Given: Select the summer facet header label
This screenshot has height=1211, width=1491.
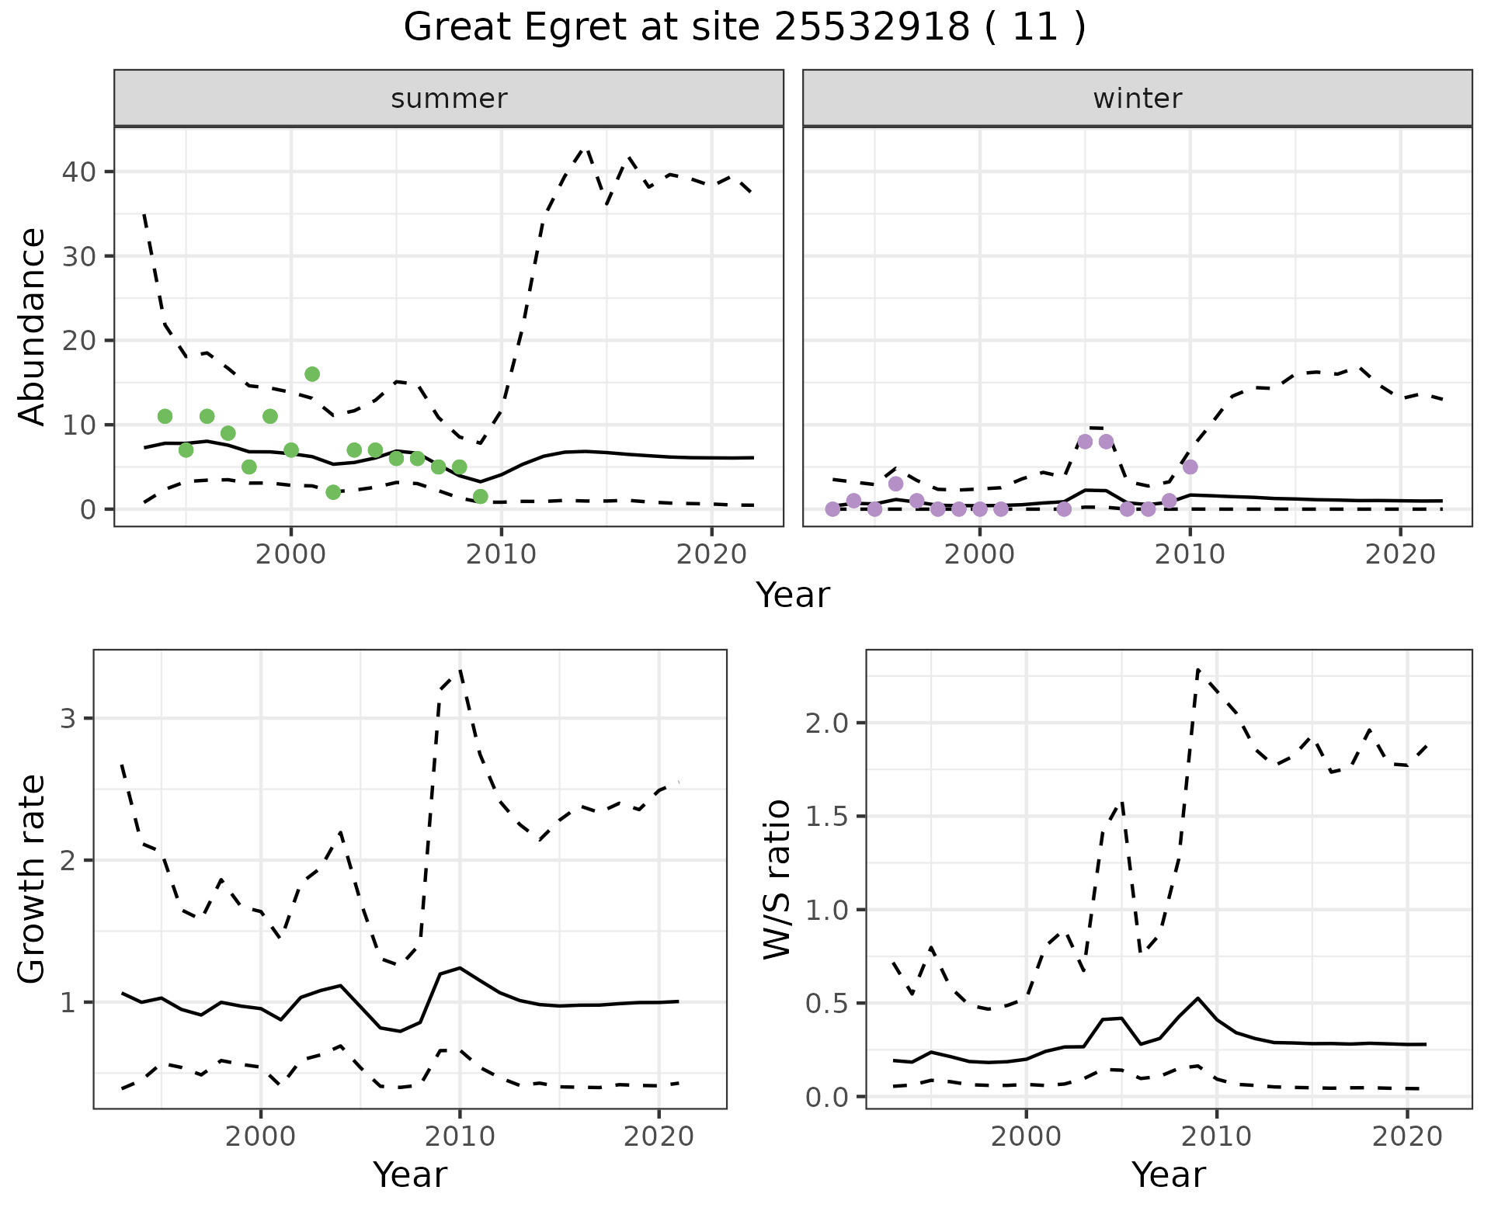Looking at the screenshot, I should [449, 99].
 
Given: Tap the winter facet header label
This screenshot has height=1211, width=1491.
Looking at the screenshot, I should [1137, 99].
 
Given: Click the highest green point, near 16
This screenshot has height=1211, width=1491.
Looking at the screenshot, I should [312, 374].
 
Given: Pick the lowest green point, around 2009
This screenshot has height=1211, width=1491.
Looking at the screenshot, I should [480, 497].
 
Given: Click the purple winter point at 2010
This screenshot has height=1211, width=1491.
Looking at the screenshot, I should [1190, 467].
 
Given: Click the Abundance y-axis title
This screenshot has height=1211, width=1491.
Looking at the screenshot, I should [33, 326].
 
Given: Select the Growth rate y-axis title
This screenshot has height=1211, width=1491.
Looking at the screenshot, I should [33, 879].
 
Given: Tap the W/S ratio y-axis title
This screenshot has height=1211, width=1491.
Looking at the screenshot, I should [777, 879].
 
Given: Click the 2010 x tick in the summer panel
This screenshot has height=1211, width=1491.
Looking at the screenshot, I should [501, 554].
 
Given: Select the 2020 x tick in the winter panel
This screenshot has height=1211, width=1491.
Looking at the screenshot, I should [1399, 554].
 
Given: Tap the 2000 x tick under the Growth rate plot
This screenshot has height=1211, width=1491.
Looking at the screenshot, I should [261, 1137].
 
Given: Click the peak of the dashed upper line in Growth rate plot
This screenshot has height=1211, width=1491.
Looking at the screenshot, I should [460, 669].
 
